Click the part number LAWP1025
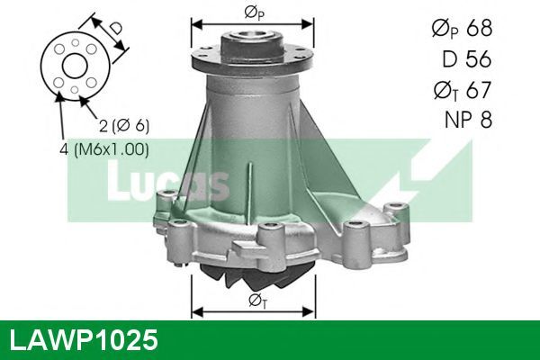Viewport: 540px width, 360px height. (x=84, y=340)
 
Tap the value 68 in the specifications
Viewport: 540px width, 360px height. (x=479, y=28)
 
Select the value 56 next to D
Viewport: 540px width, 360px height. (x=479, y=58)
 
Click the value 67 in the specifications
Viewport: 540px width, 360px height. (x=479, y=90)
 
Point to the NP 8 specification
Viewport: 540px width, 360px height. (x=468, y=120)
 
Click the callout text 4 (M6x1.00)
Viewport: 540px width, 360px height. (x=104, y=150)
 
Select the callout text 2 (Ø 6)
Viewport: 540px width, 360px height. (x=124, y=126)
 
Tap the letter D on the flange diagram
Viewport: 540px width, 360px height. (x=115, y=28)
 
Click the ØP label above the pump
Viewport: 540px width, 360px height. (x=254, y=13)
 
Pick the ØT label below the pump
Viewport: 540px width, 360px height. (x=257, y=301)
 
